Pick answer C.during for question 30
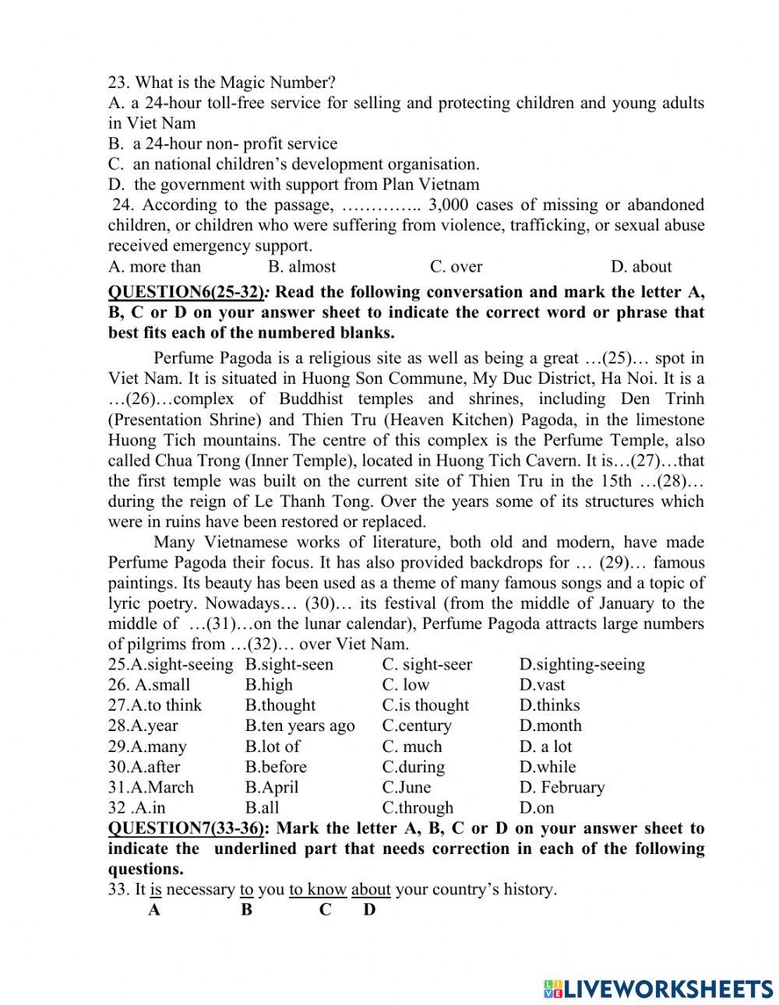coord(413,767)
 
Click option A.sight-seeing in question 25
coord(171,665)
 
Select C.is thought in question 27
coord(425,705)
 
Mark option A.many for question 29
coord(147,747)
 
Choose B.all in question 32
coord(262,807)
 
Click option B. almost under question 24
coord(301,267)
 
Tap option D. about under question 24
coord(640,267)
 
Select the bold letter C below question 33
coord(325,909)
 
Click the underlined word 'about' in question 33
coord(371,889)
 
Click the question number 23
coord(118,83)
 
